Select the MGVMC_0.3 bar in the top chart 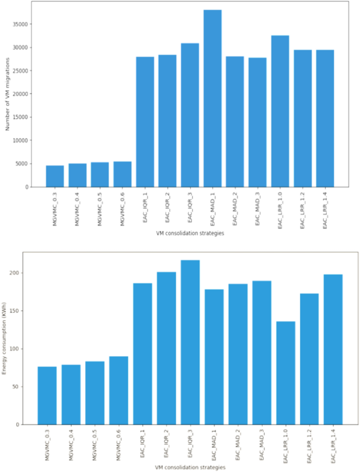pyautogui.click(x=55, y=176)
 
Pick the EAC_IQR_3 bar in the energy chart pyautogui.click(x=190, y=342)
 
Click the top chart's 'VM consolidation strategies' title pyautogui.click(x=190, y=233)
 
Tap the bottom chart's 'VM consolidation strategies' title pyautogui.click(x=190, y=467)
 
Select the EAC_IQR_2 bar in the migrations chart pyautogui.click(x=168, y=121)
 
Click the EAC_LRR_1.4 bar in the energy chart pyautogui.click(x=333, y=350)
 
